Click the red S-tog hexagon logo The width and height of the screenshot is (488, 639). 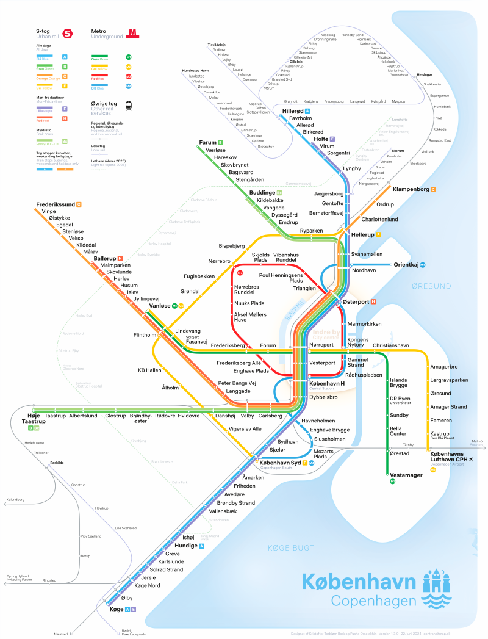tap(67, 34)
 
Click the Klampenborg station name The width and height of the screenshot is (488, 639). tap(410, 190)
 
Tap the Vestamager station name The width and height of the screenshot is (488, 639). tap(406, 475)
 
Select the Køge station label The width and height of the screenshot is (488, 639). tap(115, 609)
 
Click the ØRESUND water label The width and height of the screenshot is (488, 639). tap(431, 286)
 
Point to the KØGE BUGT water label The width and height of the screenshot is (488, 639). tap(285, 549)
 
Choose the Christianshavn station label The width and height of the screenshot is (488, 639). tap(390, 345)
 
